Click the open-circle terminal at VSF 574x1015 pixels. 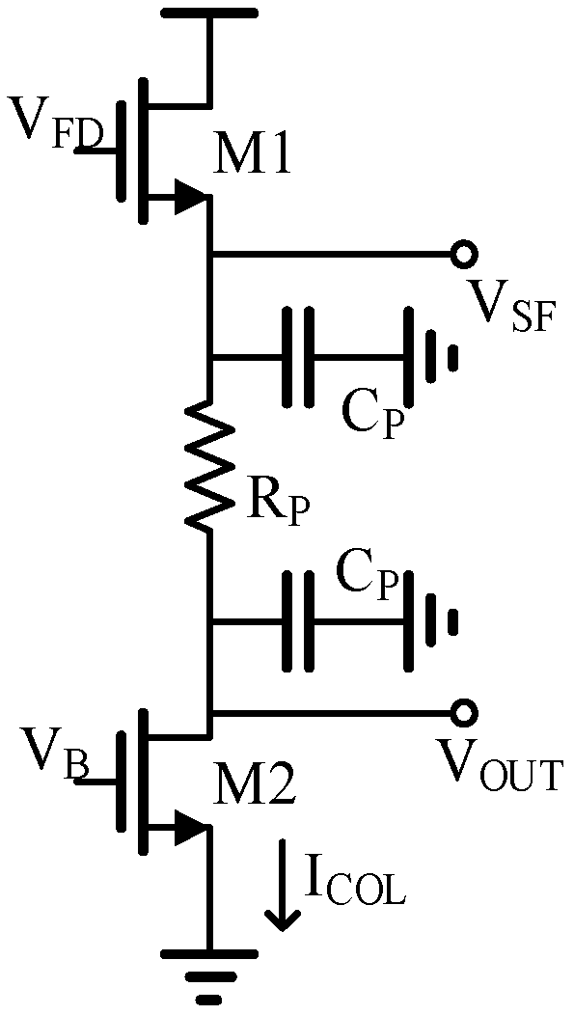464,255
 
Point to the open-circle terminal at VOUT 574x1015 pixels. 464,713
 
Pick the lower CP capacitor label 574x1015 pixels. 368,576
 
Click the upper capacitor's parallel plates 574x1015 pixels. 297,356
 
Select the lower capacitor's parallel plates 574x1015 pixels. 297,621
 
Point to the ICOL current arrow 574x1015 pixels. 283,883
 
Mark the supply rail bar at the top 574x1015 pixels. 209,14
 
